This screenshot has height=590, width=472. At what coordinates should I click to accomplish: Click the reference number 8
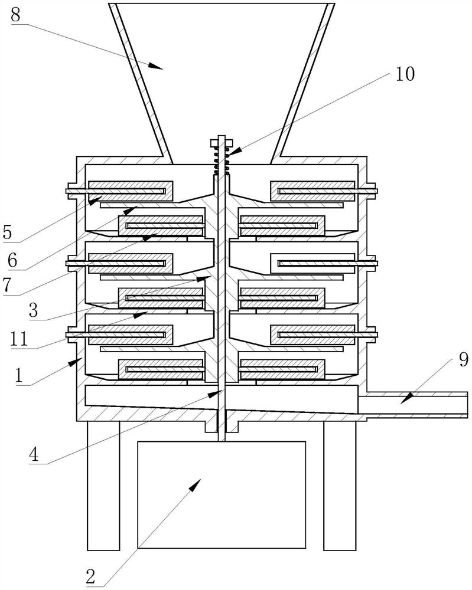click(x=15, y=15)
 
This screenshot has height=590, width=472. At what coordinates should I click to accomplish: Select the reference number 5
click(x=8, y=231)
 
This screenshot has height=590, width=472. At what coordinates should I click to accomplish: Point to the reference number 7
click(x=8, y=286)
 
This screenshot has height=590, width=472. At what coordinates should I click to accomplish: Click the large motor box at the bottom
click(x=222, y=494)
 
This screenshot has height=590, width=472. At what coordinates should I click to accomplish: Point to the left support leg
click(x=103, y=484)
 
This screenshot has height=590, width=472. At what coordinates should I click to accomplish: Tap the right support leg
click(x=340, y=484)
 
